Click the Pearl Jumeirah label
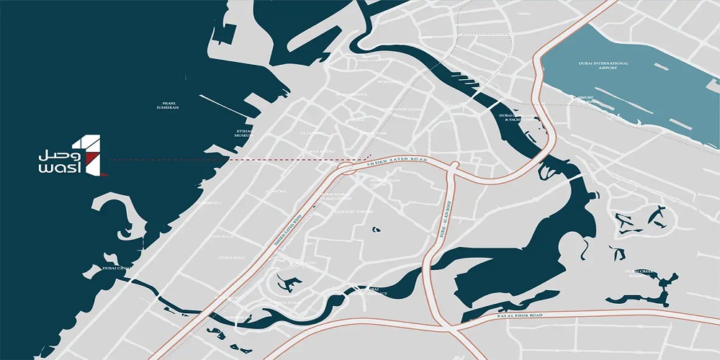click(x=167, y=104)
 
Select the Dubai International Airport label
click(x=603, y=66)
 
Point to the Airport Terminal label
click(x=587, y=99)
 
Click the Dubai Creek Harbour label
click(x=639, y=273)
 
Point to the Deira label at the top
click(x=523, y=13)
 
